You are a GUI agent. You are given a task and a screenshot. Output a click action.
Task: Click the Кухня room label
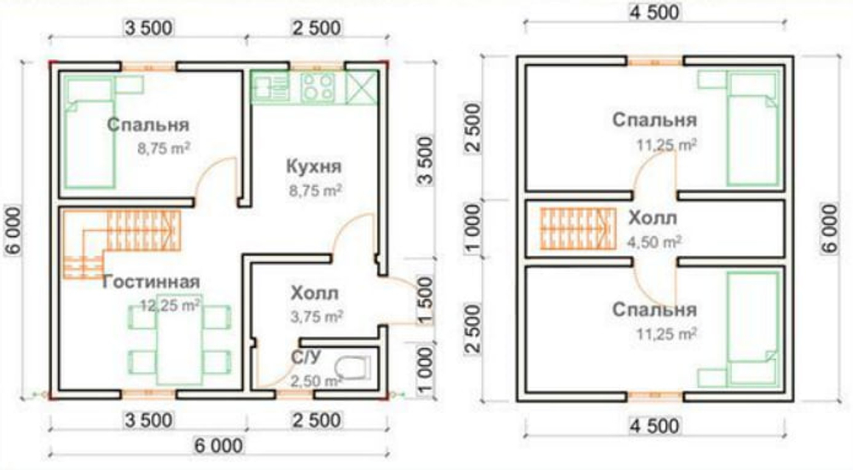click(314, 166)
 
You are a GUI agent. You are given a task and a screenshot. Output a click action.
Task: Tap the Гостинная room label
click(151, 281)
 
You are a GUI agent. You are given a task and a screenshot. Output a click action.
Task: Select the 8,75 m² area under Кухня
click(316, 190)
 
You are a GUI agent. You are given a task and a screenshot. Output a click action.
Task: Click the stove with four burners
click(317, 87)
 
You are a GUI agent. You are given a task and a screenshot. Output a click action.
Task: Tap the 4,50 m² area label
click(654, 241)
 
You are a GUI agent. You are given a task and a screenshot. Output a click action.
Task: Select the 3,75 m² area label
click(316, 316)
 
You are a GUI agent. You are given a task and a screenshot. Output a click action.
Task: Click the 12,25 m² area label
click(171, 305)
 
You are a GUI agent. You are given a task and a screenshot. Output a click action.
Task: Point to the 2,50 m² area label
click(316, 380)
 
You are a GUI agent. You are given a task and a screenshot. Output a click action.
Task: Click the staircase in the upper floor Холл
click(577, 229)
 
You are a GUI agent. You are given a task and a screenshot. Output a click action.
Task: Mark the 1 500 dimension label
click(426, 300)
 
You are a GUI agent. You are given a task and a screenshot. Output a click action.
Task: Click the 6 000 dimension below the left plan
click(218, 445)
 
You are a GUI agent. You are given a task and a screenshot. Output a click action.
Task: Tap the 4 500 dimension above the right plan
click(654, 12)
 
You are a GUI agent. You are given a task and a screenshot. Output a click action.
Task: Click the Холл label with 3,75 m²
click(315, 293)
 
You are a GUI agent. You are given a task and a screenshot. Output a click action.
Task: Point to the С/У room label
click(307, 357)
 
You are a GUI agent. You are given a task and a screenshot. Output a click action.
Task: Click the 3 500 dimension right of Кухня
click(426, 161)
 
